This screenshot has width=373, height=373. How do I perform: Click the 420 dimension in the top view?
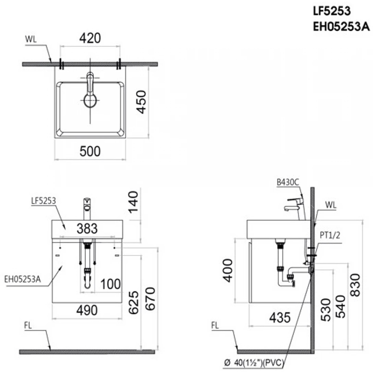tap(90, 38)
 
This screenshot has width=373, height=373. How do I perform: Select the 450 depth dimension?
tap(141, 102)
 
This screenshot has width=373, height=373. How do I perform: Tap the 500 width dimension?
tap(90, 151)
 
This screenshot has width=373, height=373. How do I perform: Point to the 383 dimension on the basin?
tap(87, 229)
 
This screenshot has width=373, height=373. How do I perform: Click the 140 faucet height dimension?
tap(133, 202)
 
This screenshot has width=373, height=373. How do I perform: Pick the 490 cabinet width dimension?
tap(87, 310)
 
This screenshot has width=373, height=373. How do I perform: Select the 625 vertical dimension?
tap(134, 302)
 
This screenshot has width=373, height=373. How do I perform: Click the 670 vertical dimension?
tap(150, 299)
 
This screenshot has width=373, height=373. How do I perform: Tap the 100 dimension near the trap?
tap(110, 284)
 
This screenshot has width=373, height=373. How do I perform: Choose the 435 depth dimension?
tap(280, 318)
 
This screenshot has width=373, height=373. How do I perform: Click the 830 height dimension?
tap(355, 285)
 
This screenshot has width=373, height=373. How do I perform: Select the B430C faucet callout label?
tap(288, 182)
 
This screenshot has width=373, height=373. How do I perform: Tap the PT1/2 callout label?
tap(330, 235)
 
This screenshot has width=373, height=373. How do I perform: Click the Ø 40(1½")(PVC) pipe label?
tap(255, 363)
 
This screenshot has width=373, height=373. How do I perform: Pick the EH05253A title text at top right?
tap(341, 27)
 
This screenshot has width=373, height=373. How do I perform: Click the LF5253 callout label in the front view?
tap(43, 201)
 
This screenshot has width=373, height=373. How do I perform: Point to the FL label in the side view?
tap(215, 326)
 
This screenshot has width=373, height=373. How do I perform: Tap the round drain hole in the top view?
tap(90, 100)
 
